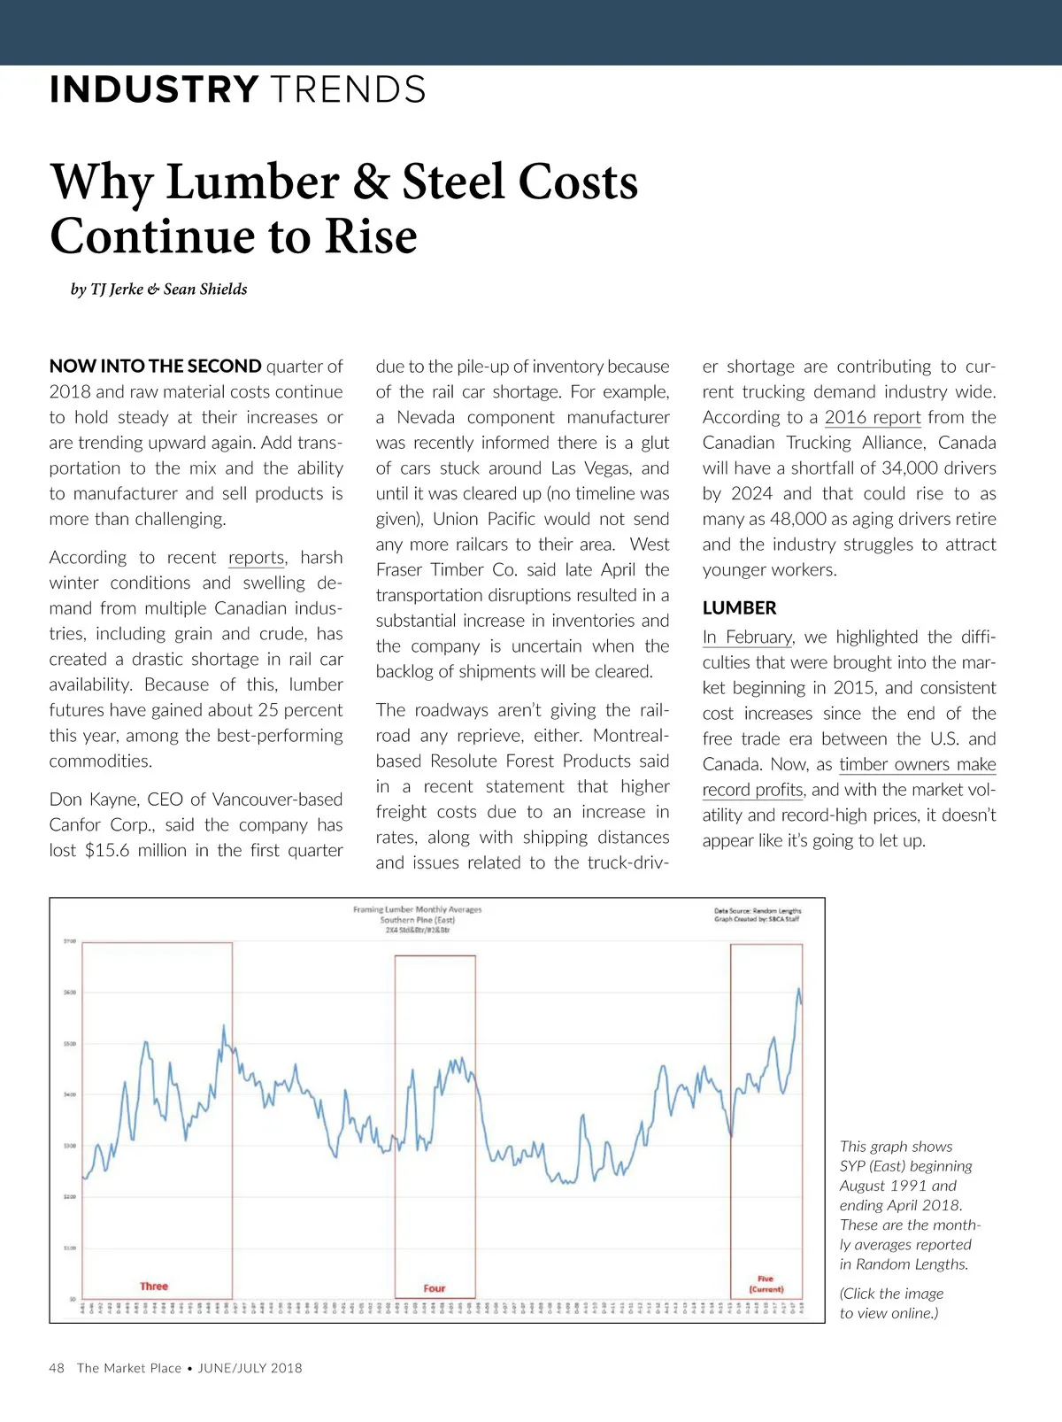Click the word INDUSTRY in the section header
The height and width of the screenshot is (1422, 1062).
click(x=154, y=90)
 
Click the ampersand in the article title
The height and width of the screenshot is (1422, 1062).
click(x=372, y=182)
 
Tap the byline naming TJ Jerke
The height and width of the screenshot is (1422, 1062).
click(x=159, y=290)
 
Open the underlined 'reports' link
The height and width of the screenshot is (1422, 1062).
click(x=257, y=558)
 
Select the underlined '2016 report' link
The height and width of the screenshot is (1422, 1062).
click(x=873, y=418)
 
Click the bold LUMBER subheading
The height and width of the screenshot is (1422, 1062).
click(x=739, y=608)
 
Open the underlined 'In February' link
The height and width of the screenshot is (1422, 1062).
click(x=748, y=638)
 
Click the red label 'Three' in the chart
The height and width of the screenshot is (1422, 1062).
click(x=154, y=1287)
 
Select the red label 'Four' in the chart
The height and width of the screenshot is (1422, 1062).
click(x=435, y=1288)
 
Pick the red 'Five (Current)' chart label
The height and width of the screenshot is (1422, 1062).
click(x=766, y=1284)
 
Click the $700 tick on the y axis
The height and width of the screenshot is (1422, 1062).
click(x=70, y=941)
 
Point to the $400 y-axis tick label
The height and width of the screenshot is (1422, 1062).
click(x=70, y=1094)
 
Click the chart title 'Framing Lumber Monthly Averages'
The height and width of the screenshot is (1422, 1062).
click(x=418, y=909)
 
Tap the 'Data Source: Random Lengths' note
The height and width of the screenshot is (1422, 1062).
click(x=758, y=910)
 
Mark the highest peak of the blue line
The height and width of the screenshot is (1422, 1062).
click(x=799, y=989)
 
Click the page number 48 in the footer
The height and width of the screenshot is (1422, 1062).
click(x=57, y=1368)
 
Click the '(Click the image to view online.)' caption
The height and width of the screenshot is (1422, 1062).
click(x=890, y=1303)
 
